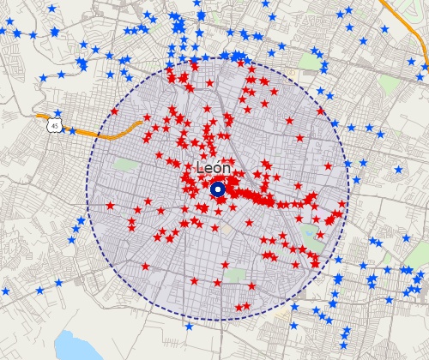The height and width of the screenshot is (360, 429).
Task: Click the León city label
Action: point(214,169)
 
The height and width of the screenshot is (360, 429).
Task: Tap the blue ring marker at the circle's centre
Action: point(218,190)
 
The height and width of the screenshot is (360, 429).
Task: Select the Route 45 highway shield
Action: point(55,125)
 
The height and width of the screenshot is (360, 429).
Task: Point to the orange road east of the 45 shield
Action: point(112,130)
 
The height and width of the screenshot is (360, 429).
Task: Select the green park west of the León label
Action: point(126,164)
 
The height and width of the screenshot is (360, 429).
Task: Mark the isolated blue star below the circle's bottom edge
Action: point(189,326)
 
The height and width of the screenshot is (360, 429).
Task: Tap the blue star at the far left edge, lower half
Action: point(6,291)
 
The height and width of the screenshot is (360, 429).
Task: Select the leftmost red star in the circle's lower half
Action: point(110,206)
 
